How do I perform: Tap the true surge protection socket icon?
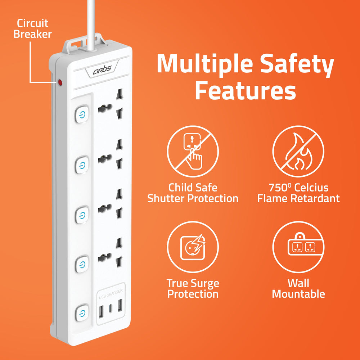pos(193,247)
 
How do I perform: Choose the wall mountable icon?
pos(298,247)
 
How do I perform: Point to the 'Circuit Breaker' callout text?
pos(33,29)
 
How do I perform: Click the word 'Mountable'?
pos(298,294)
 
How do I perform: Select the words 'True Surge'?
pos(193,283)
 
